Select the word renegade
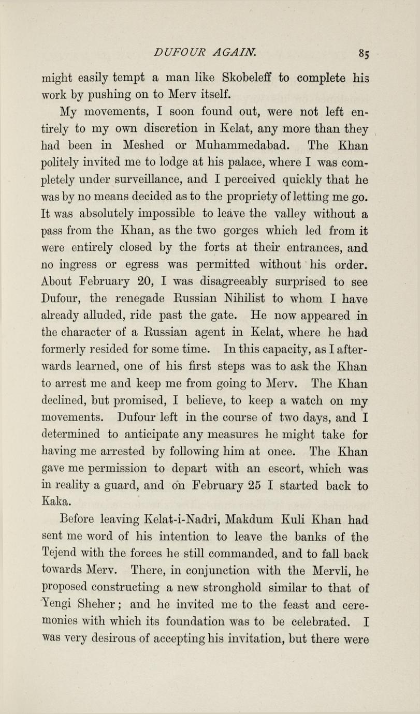(x=139, y=299)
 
